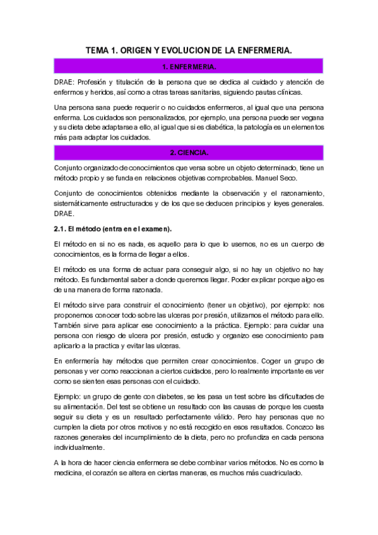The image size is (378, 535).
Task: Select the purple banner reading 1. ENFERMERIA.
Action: point(189,66)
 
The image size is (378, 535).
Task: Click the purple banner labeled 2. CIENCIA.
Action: point(189,153)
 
